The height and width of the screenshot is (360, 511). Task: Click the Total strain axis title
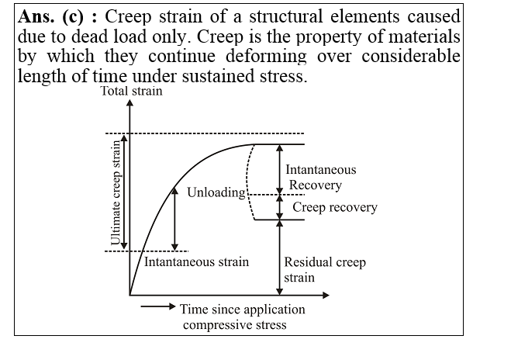(132, 92)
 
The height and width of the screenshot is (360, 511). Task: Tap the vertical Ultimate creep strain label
(118, 192)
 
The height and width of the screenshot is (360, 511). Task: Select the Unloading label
(216, 192)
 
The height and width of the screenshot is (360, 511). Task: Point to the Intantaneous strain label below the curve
(197, 262)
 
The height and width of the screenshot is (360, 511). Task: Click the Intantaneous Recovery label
(320, 177)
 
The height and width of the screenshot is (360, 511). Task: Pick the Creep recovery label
(334, 207)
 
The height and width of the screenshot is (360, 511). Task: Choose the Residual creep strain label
(324, 269)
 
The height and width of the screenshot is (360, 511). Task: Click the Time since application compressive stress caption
(242, 317)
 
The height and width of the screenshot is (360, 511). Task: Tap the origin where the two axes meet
(130, 295)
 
